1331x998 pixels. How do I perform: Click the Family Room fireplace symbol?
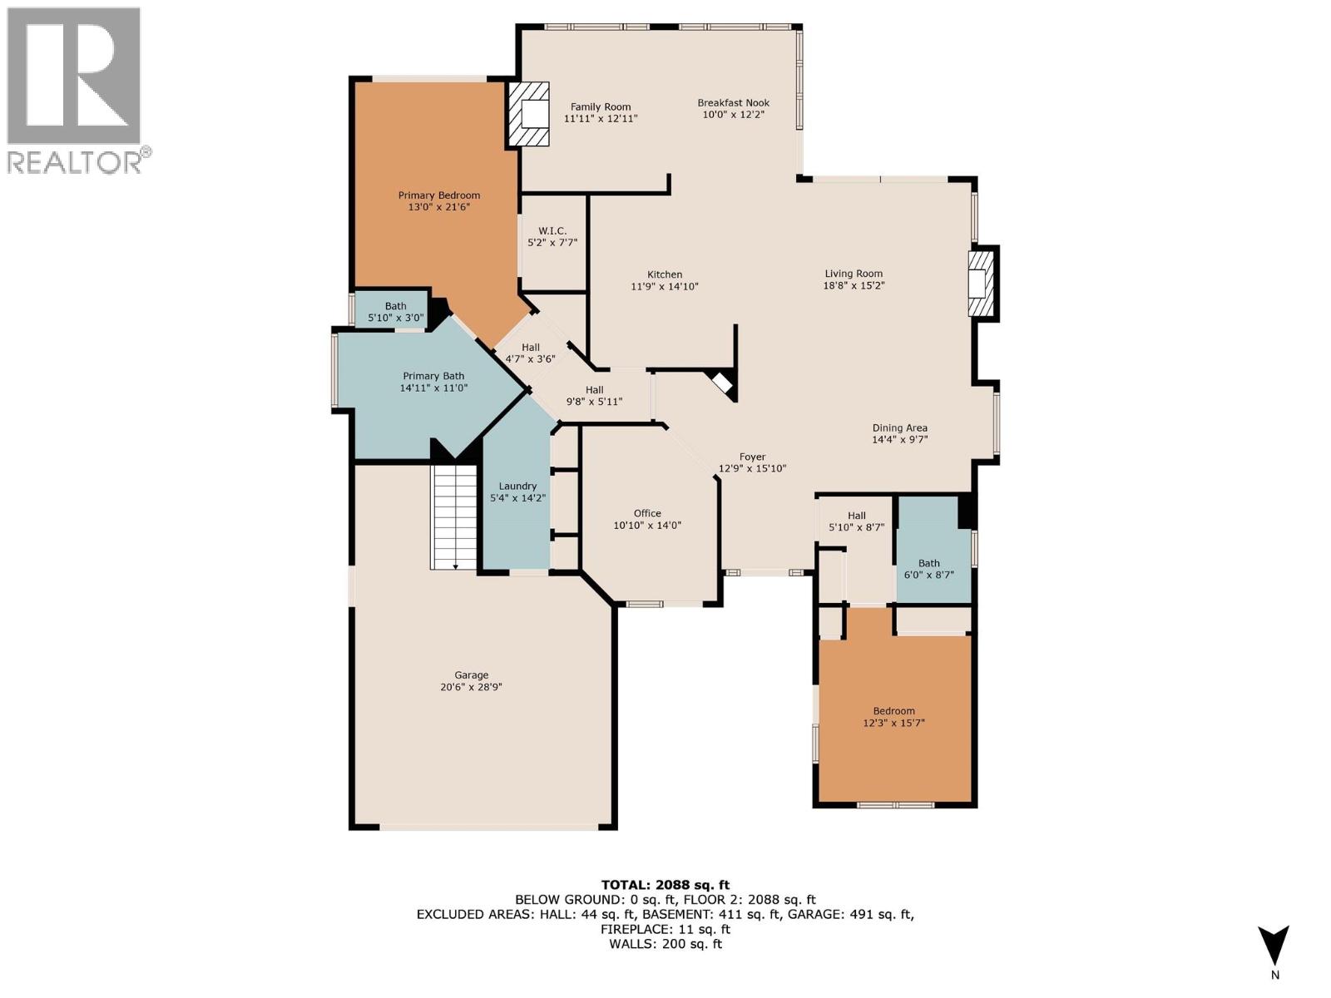point(529,114)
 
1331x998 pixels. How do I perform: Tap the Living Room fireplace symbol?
point(982,284)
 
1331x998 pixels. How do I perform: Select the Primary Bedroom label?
point(438,195)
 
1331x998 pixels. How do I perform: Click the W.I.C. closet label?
point(552,230)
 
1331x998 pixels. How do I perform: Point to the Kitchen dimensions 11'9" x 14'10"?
point(664,287)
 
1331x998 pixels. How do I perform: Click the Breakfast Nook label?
point(733,103)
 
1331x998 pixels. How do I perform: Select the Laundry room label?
point(517,487)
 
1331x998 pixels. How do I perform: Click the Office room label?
point(647,513)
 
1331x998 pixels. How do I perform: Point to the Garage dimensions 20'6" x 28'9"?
point(472,688)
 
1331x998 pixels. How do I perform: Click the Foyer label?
point(752,457)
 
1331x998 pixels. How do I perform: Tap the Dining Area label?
point(899,427)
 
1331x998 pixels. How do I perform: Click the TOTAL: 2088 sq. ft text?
point(665,885)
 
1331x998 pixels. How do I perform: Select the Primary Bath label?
point(433,376)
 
